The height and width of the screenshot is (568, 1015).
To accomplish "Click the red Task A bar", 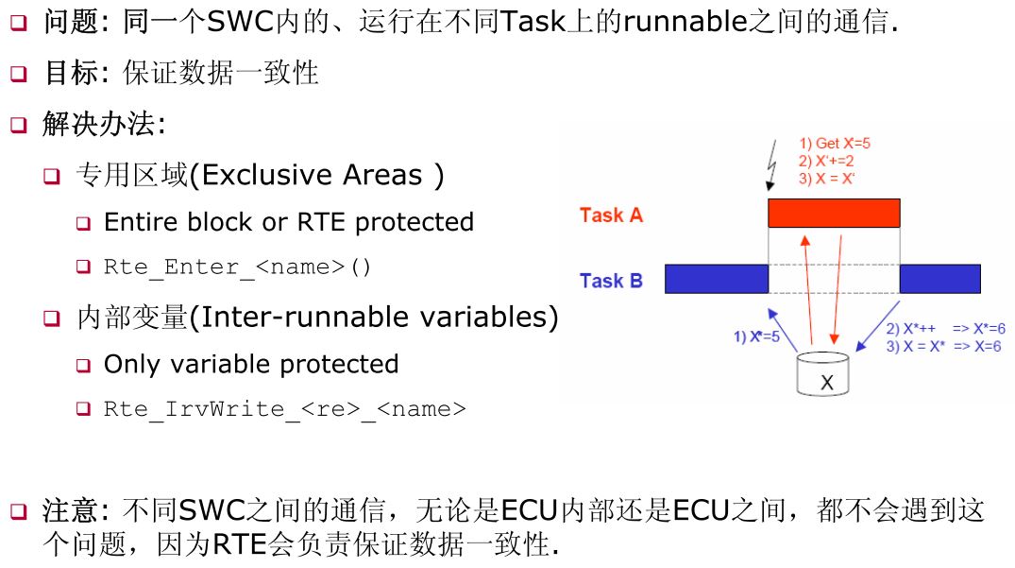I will [x=834, y=214].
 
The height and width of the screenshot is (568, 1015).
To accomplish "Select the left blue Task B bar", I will [x=717, y=279].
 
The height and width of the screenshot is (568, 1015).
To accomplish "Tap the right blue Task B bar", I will [x=939, y=279].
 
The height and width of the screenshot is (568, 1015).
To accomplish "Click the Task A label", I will [x=611, y=215].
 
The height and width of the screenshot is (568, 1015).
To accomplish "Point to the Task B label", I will [x=611, y=281].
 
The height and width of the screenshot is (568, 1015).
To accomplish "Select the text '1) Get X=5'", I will [x=835, y=143].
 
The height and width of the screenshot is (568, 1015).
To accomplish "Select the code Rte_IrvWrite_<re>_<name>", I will [x=284, y=409].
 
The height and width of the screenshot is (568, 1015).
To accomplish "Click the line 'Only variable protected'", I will [x=251, y=364].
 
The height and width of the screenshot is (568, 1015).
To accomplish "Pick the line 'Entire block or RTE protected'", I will [x=288, y=222].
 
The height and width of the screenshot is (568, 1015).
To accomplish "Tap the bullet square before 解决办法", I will [x=19, y=125].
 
